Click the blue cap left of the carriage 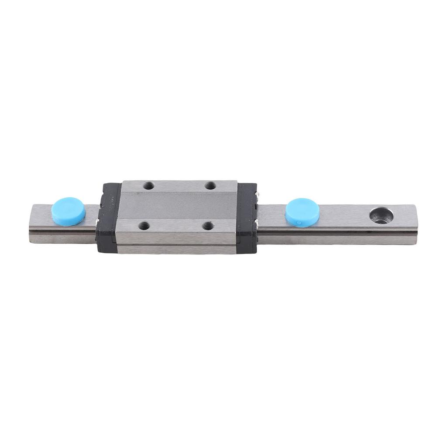69,211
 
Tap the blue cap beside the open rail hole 302,211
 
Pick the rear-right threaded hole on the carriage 211,186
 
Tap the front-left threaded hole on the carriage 144,226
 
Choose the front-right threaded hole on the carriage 208,226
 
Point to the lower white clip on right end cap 258,224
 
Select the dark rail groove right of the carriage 336,230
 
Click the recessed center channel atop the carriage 179,205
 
